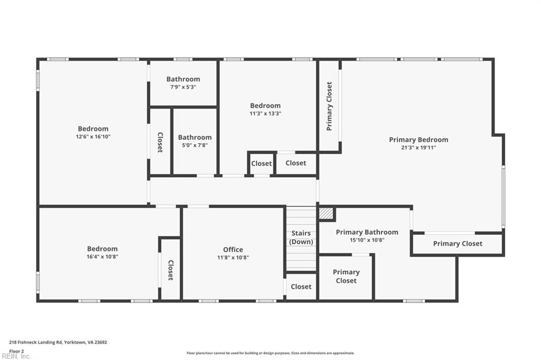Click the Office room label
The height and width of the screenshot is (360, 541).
(x=233, y=249)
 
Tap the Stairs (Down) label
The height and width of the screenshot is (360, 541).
(x=301, y=238)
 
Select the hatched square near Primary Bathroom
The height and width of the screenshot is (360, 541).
(x=326, y=214)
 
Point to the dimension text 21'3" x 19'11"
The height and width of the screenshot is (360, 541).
(x=418, y=148)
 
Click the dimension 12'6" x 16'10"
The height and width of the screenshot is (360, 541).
(x=93, y=137)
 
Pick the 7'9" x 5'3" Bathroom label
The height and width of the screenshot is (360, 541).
(x=183, y=79)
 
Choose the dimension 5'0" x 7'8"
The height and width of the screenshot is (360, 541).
(x=195, y=145)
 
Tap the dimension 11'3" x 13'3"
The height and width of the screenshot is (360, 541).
(x=265, y=113)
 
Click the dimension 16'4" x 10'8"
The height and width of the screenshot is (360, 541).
(x=102, y=257)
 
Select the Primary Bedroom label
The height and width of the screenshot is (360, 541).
(x=418, y=140)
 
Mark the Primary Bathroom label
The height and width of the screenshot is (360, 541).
(x=367, y=232)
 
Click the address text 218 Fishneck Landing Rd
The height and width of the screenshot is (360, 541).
(x=35, y=343)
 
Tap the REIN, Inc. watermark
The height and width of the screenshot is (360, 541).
(x=16, y=356)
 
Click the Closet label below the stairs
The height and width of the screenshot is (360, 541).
(x=301, y=287)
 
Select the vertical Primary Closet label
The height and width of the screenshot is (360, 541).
(x=329, y=106)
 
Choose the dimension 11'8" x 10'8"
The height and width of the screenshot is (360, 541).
(x=233, y=257)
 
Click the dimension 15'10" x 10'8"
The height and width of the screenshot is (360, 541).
(x=367, y=240)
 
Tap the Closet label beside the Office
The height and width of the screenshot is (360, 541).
(x=171, y=270)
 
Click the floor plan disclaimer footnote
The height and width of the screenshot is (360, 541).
(x=270, y=353)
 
